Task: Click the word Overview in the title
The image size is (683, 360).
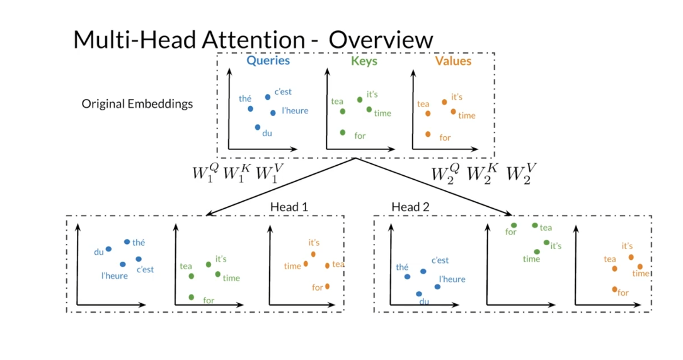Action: coord(381,40)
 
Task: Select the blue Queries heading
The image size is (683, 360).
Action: coord(268,61)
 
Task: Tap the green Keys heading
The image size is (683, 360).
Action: coord(364,61)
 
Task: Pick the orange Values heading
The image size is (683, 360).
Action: coord(453,61)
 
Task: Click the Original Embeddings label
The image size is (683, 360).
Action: coord(137,104)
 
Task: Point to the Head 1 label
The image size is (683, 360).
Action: coord(289,207)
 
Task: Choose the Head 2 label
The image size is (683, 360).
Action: coord(410,207)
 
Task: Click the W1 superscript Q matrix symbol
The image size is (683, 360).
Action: coord(205,173)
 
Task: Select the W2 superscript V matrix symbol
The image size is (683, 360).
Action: coord(522,173)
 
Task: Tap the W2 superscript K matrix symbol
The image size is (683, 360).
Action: coord(482,173)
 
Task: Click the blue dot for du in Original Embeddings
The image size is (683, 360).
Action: coord(258,127)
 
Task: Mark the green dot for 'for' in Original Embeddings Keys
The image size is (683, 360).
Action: coord(343,132)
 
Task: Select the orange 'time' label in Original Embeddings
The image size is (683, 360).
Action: coord(466,115)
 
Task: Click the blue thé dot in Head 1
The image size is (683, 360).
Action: coord(127,241)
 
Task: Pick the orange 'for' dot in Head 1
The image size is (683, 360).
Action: coord(327,286)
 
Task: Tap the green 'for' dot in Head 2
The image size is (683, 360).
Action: coord(514,225)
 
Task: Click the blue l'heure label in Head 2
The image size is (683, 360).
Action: coord(452,279)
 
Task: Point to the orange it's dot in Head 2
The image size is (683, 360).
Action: coord(631,257)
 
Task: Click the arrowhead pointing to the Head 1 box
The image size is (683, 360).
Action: coord(209,213)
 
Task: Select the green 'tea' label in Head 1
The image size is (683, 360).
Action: coord(186,266)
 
